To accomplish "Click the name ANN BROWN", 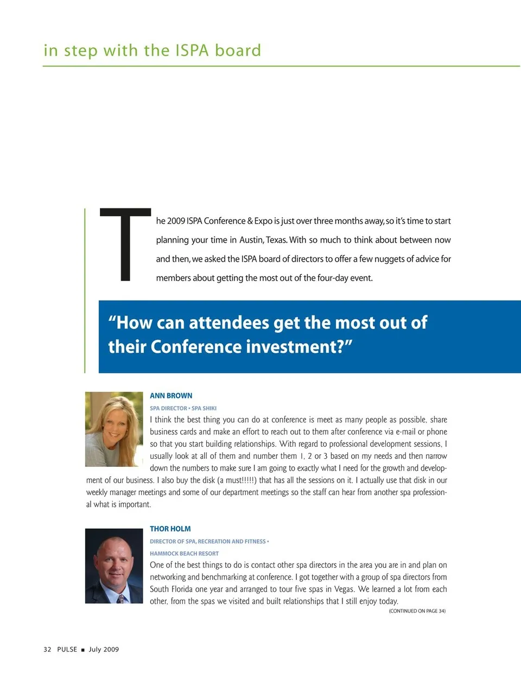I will [171, 396].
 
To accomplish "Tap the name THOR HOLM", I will [170, 529].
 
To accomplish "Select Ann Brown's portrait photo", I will [114, 429].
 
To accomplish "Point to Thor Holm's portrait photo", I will [114, 566].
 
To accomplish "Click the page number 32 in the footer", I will [47, 649].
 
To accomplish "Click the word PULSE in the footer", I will [67, 649].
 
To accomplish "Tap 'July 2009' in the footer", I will [104, 649].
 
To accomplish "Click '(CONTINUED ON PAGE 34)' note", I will [417, 611].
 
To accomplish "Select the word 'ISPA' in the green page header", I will [192, 50].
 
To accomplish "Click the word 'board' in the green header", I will [238, 50].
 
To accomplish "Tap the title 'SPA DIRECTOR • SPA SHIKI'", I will [183, 408].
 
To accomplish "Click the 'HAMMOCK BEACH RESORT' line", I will [184, 554].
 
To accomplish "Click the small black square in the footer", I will [83, 650].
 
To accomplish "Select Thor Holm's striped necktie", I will [120, 598].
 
